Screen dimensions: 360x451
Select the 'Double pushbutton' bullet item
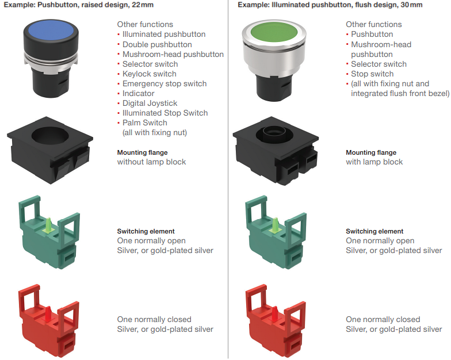pyautogui.click(x=157, y=44)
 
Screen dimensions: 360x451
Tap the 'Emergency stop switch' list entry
pyautogui.click(x=164, y=83)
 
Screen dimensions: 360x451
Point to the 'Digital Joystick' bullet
pyautogui.click(x=150, y=103)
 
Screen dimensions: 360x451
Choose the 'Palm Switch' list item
pyautogui.click(x=144, y=122)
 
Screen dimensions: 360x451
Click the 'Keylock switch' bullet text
pyautogui.click(x=149, y=74)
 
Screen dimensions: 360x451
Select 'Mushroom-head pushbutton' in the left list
pyautogui.click(x=173, y=54)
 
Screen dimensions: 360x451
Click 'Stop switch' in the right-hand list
pyautogui.click(x=372, y=74)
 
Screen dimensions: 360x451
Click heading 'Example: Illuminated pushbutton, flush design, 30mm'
pyautogui.click(x=330, y=5)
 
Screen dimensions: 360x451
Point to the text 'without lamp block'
pyautogui.click(x=151, y=162)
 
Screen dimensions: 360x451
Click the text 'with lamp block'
pyautogui.click(x=374, y=162)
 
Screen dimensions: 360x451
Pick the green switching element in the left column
pyautogui.click(x=49, y=232)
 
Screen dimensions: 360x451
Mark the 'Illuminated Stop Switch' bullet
pyautogui.click(x=165, y=113)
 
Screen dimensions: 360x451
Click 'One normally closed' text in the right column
pyautogui.click(x=383, y=319)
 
